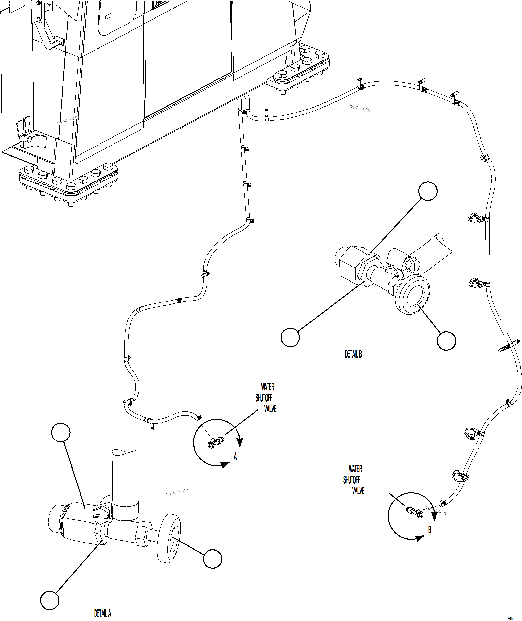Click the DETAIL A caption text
pos(102,613)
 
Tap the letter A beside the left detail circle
pos(235,456)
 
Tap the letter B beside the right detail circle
pos(430,530)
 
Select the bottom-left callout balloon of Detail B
pos(290,337)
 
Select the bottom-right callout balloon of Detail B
pos(446,341)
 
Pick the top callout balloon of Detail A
pos(61,432)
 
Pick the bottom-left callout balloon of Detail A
pos(50,600)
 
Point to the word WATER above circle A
pos(267,387)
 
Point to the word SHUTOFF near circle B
pos(351,480)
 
